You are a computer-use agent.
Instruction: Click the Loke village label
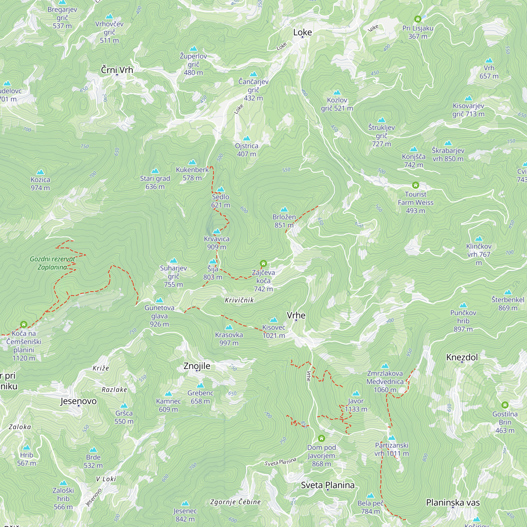pos(302,32)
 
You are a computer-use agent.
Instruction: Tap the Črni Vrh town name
pos(117,70)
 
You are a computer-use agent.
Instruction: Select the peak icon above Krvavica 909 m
pos(217,232)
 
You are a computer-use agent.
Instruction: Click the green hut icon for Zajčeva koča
pos(263,263)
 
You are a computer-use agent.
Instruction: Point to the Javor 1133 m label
pos(356,405)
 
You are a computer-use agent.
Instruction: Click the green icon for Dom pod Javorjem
pos(321,439)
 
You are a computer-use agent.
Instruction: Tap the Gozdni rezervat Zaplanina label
pos(52,263)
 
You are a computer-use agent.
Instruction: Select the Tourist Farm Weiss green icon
pos(416,185)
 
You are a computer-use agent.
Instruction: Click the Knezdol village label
pos(462,357)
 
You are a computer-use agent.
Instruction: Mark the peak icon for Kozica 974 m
pos(40,172)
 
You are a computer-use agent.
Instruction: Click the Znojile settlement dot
pos(197,371)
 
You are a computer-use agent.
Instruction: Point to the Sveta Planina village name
pos(328,485)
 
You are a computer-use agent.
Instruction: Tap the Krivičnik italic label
pos(239,300)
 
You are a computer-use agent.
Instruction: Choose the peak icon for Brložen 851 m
pos(284,209)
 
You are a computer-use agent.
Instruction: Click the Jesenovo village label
pos(79,401)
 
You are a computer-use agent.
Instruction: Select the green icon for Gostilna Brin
pos(505,405)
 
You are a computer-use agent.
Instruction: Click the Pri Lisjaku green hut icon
pos(418,19)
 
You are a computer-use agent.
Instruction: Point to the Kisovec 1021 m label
pos(274,331)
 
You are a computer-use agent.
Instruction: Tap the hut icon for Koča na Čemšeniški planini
pos(24,324)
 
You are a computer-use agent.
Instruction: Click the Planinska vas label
pos(453,502)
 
